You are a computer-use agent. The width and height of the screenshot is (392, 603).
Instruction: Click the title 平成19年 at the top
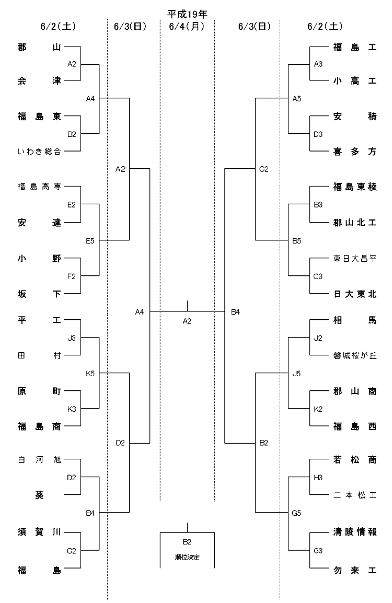click(x=187, y=14)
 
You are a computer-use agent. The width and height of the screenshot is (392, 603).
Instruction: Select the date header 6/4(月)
click(x=187, y=26)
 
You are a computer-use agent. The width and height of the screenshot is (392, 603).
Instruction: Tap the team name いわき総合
click(x=39, y=151)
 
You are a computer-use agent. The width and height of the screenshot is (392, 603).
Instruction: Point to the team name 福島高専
click(x=39, y=187)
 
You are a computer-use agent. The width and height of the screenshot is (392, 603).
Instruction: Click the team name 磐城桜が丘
click(x=355, y=356)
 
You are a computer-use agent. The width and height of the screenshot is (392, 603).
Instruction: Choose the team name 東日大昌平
click(x=355, y=259)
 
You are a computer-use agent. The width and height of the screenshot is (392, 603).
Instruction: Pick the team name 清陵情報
click(x=355, y=532)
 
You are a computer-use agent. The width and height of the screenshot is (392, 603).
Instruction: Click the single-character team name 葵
click(x=39, y=495)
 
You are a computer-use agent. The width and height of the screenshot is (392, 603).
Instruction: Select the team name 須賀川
click(x=39, y=532)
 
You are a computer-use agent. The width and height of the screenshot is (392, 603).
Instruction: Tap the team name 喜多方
click(x=355, y=152)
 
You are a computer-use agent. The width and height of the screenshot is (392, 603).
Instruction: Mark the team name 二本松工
click(x=355, y=495)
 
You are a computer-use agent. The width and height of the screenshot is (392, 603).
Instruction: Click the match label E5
click(x=90, y=241)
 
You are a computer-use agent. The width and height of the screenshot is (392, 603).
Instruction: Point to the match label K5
click(x=90, y=374)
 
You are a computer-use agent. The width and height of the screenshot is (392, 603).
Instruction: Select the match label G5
click(x=296, y=513)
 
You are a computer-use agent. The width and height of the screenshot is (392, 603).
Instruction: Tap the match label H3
click(x=318, y=478)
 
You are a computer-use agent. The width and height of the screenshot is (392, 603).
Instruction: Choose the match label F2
click(x=72, y=276)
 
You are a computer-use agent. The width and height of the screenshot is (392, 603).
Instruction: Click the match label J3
click(x=72, y=338)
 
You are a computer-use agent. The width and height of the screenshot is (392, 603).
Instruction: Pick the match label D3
click(x=318, y=134)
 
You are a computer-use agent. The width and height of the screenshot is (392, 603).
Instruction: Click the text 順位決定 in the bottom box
click(x=187, y=557)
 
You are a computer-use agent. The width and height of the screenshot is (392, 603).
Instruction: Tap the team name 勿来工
click(x=355, y=570)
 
